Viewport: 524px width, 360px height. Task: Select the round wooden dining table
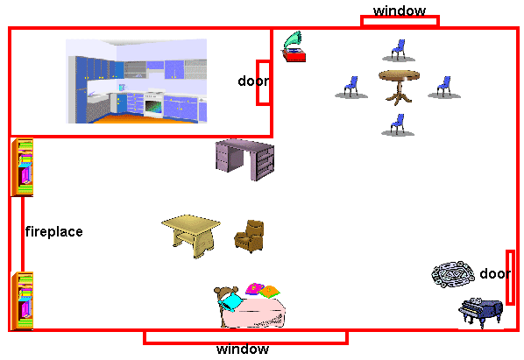399,87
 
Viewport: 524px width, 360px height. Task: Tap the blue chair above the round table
398,51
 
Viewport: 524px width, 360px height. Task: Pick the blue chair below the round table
398,125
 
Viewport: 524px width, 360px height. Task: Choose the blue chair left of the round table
351,88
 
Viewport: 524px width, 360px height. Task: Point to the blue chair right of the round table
444,88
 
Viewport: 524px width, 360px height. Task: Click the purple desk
244,159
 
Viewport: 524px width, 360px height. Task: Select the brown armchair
250,236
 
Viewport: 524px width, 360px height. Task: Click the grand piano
481,313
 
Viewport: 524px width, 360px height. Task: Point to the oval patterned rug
453,274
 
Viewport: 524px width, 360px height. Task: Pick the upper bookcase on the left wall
22,167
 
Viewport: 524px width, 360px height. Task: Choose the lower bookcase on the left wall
22,301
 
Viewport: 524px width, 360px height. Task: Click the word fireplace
54,232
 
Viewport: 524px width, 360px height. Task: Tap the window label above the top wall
400,11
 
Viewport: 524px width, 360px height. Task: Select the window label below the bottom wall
243,349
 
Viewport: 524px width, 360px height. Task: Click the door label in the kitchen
253,81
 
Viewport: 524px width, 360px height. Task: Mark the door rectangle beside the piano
510,278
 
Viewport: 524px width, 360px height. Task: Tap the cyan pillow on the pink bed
231,301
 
